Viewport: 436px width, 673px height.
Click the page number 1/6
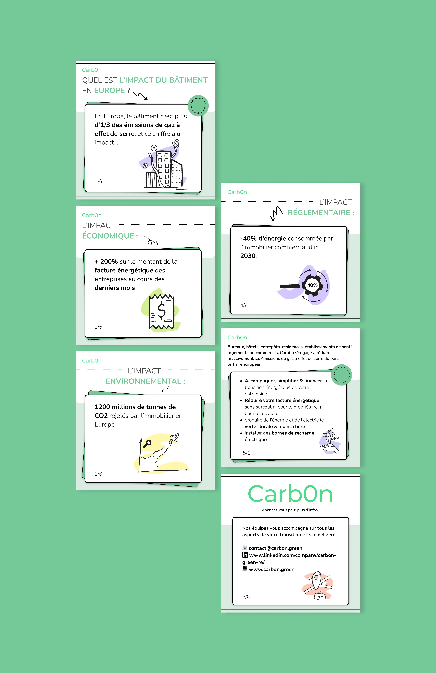tap(98, 181)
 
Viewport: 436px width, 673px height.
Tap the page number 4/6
tap(244, 305)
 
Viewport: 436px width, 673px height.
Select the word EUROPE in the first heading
tap(110, 90)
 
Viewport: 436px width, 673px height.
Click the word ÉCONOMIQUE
tap(108, 236)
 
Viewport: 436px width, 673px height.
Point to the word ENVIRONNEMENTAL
tap(143, 381)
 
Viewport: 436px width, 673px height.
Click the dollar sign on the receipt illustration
tap(161, 310)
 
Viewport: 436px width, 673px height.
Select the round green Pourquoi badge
tap(198, 105)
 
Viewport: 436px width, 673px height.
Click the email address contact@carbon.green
tap(276, 548)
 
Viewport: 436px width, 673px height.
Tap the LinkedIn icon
tap(245, 555)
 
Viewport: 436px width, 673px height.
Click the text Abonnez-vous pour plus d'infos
tap(291, 510)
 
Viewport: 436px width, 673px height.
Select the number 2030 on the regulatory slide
tap(248, 256)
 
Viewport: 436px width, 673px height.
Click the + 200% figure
tap(106, 262)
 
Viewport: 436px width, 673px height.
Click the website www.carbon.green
tap(272, 569)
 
